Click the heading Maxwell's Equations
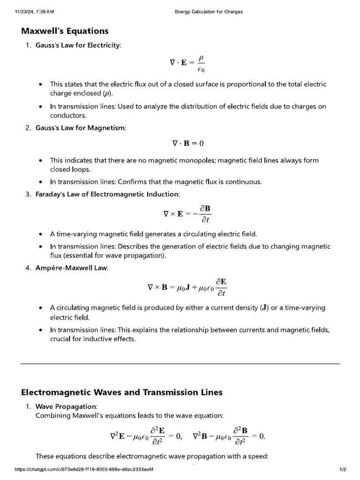65,31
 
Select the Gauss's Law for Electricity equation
187,62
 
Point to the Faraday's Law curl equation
187,213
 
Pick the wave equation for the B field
229,436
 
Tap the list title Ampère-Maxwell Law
72,268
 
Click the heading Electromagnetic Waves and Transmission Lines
122,392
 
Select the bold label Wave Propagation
66,406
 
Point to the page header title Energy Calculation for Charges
205,11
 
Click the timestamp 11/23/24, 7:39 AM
35,11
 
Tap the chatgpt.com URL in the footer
84,469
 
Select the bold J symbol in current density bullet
265,308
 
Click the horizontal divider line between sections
180,363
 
